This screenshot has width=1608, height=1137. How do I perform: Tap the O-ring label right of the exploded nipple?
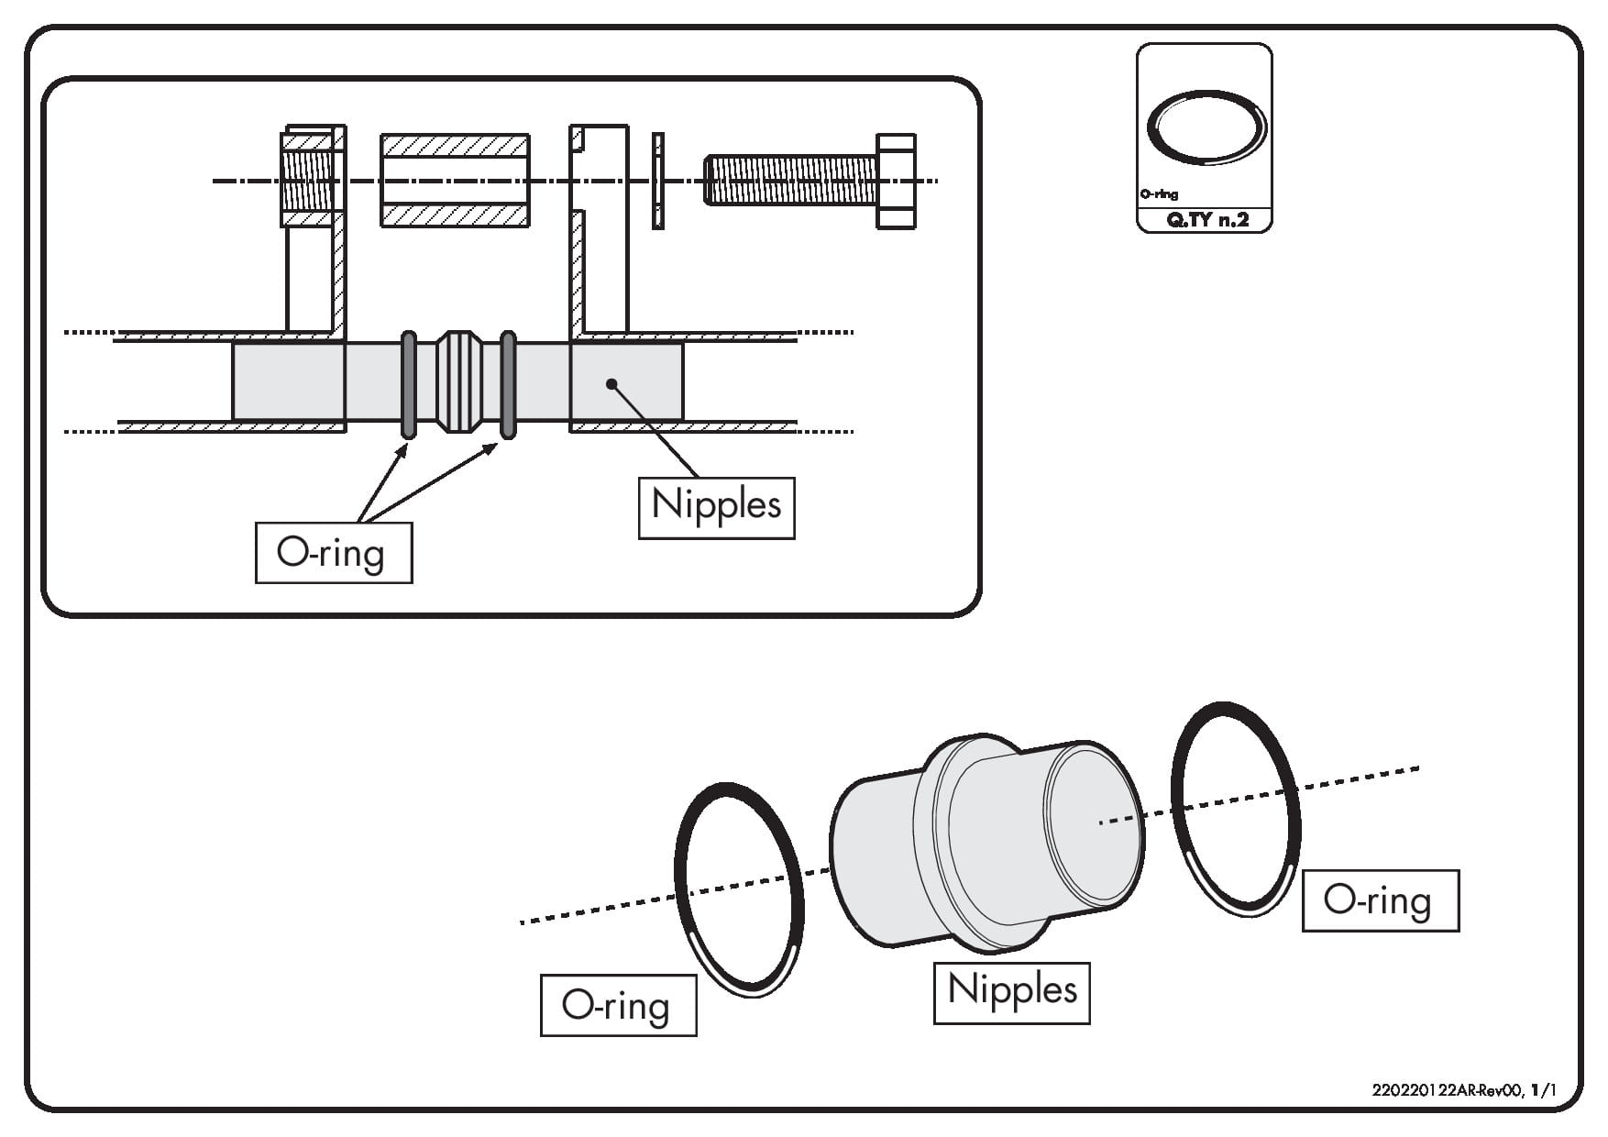1380,900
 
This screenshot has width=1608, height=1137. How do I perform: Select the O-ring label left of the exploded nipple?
618,1005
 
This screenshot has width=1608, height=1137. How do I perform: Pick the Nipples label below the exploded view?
1011,992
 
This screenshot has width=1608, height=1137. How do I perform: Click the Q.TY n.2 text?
1207,220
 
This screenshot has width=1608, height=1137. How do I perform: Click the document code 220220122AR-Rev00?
1447,1091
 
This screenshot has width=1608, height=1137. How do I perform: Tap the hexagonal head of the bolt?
896,181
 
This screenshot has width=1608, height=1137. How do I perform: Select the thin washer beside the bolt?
657,181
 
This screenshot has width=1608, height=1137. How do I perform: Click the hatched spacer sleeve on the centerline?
455,181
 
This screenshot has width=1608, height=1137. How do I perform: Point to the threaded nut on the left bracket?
307,181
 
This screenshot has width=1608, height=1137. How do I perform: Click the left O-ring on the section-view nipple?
409,384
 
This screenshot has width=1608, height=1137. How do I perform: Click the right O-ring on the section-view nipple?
508,384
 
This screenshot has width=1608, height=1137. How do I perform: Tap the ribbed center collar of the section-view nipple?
458,381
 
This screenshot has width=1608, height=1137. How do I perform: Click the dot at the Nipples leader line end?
611,384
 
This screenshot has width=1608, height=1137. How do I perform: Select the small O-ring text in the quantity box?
1160,194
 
